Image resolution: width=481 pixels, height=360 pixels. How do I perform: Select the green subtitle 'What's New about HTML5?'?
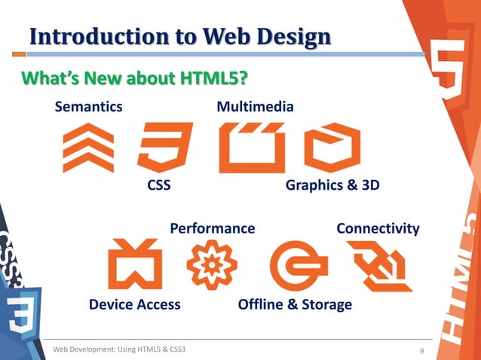click(x=135, y=78)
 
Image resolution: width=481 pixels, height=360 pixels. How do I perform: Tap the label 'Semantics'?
click(x=88, y=107)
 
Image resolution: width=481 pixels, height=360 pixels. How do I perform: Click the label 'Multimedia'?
click(x=255, y=107)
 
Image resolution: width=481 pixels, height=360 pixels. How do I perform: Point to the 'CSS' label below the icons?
click(x=158, y=186)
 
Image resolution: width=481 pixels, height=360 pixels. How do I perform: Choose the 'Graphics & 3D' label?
click(x=332, y=186)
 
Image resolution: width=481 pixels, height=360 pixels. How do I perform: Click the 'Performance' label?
click(x=213, y=228)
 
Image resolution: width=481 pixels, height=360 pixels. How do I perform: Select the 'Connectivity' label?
click(x=378, y=228)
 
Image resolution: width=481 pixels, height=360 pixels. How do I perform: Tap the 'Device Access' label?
click(x=135, y=304)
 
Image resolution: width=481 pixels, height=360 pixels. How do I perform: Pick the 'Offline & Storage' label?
click(x=295, y=304)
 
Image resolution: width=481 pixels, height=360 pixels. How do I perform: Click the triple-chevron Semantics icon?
click(x=88, y=148)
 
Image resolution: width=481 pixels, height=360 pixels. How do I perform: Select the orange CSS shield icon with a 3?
click(x=164, y=148)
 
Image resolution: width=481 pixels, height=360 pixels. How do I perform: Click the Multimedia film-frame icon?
click(x=251, y=148)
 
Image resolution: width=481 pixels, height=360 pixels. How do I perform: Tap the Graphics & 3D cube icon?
click(x=332, y=148)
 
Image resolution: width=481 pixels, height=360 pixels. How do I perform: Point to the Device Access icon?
click(x=135, y=264)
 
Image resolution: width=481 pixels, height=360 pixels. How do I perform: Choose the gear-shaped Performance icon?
click(x=212, y=264)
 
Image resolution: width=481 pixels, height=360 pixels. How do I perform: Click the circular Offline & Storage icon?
click(x=298, y=266)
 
